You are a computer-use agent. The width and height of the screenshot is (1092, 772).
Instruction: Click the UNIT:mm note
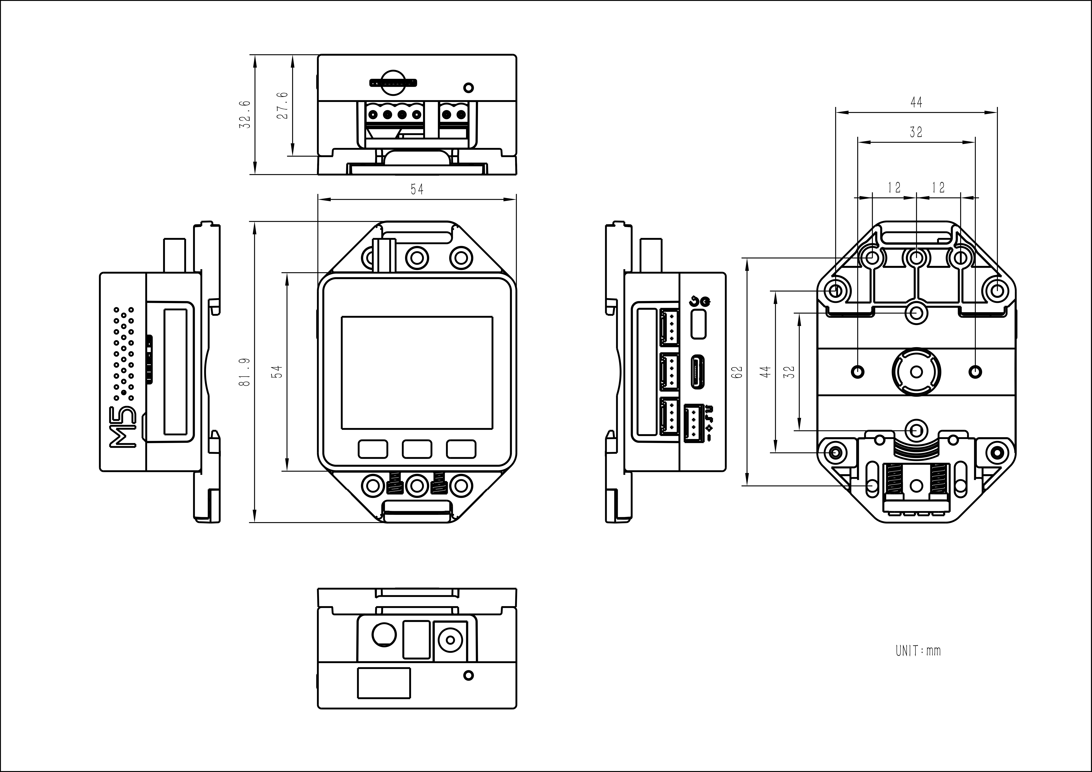(918, 651)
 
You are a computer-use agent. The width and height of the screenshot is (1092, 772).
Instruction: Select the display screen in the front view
(417, 372)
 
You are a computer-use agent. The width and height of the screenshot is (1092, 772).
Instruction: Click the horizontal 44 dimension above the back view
(916, 102)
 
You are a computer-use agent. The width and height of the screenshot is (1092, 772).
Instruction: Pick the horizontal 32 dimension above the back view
(916, 132)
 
